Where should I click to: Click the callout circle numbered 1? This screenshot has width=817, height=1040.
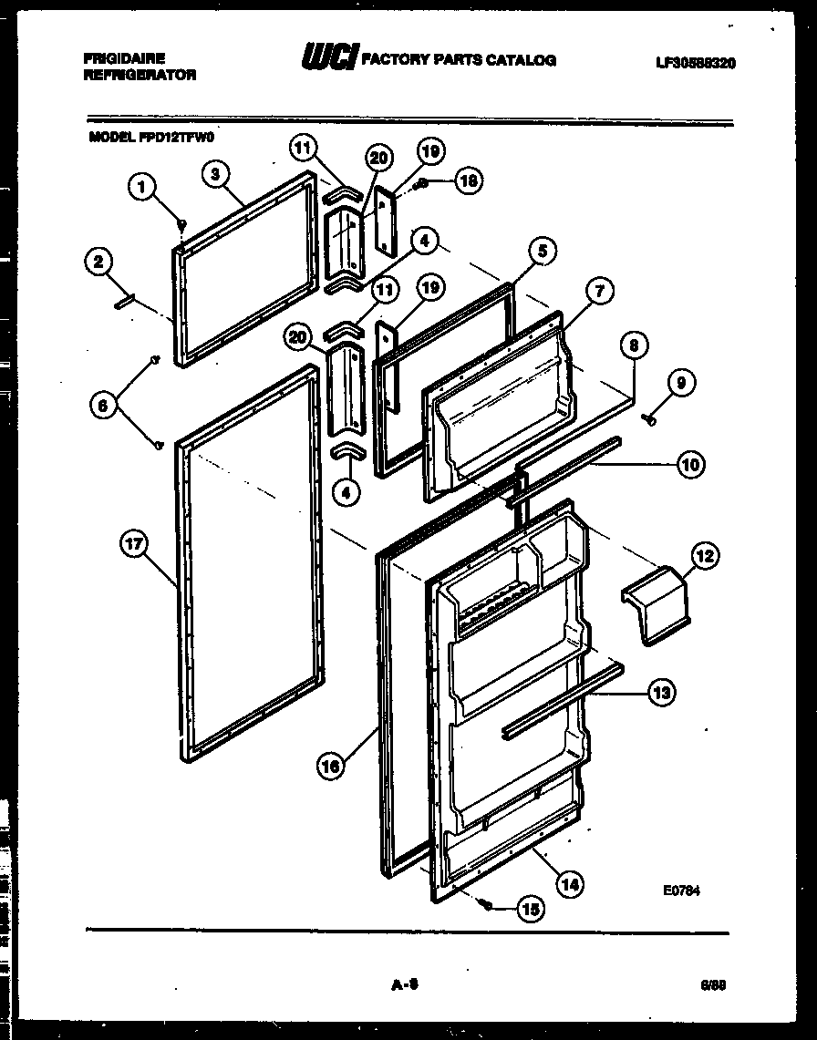coord(140,188)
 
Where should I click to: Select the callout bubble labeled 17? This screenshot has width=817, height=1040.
coord(134,545)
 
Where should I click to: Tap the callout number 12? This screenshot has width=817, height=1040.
coord(706,555)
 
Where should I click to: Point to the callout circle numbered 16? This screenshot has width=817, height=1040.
coord(333,767)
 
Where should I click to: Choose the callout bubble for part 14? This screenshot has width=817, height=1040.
coord(570,882)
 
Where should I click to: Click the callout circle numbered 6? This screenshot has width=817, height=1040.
coord(105,404)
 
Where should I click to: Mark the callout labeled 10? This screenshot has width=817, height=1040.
coord(690,465)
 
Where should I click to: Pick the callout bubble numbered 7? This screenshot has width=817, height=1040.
coord(599,293)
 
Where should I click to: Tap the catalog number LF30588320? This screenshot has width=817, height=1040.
coord(696,63)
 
